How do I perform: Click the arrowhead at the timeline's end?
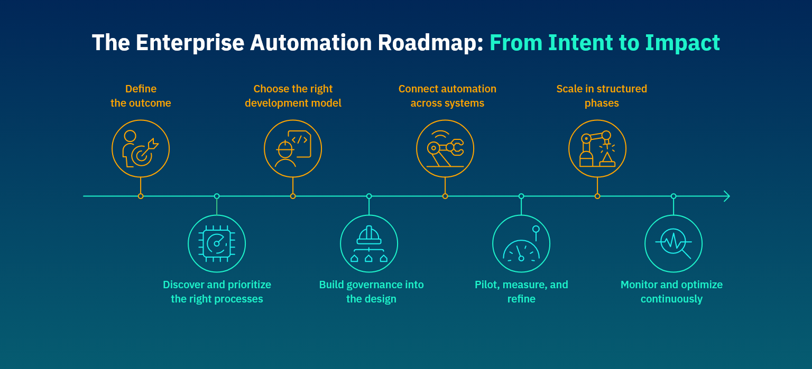(x=727, y=196)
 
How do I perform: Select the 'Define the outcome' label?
(x=141, y=96)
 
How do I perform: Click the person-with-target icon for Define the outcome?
(x=141, y=149)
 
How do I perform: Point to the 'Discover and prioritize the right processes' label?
(x=217, y=292)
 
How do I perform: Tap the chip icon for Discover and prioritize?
(x=217, y=244)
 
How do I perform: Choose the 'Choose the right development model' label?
(x=293, y=96)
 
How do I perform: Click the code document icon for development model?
(x=293, y=149)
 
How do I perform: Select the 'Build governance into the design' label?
(x=371, y=292)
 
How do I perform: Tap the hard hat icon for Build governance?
(x=369, y=244)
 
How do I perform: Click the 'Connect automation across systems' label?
(x=447, y=96)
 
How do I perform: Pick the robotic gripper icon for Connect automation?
(x=445, y=149)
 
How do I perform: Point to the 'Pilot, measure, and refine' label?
(x=521, y=292)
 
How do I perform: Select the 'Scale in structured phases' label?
(x=602, y=96)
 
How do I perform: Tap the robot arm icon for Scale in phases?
(x=597, y=149)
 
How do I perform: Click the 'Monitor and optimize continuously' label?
(x=671, y=292)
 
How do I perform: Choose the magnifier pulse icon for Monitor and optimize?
(x=673, y=244)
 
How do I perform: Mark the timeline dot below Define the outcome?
(x=141, y=196)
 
